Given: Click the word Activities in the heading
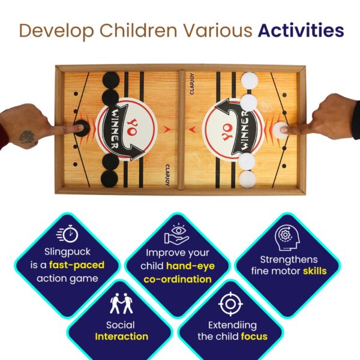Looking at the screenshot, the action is tap(301, 31).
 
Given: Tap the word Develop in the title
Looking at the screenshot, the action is tap(57, 31).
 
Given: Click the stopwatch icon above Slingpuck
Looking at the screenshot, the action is tap(67, 234).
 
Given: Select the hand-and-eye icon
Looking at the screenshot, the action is tap(176, 234).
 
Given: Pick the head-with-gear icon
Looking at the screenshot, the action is tap(287, 238).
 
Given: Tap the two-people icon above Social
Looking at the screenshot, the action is tap(121, 303).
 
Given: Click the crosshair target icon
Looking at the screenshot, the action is tap(230, 304).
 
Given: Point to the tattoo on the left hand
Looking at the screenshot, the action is tap(27, 137).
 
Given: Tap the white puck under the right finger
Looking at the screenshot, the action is tap(281, 130).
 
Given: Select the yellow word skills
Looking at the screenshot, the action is tap(314, 271).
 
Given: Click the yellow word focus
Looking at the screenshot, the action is tap(254, 337).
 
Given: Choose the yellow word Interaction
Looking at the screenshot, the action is tap(121, 337).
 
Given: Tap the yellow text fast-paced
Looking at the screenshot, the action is tap(77, 265).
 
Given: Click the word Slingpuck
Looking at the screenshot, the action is tap(67, 252).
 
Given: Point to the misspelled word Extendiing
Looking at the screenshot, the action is tap(232, 326).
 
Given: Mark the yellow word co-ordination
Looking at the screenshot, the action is tap(178, 280).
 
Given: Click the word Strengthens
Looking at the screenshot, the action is tap(289, 260).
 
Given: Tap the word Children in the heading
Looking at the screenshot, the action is tap(138, 31).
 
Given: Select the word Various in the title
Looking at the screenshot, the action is tap(217, 31).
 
